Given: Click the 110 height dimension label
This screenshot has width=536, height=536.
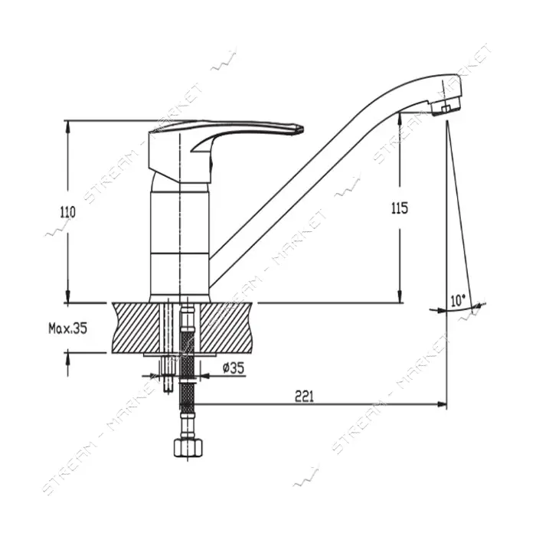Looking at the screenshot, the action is click(x=67, y=212).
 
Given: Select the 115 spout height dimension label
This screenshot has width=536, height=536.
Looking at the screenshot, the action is click(x=400, y=208).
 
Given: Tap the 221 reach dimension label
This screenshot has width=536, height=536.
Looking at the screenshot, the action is click(x=304, y=396).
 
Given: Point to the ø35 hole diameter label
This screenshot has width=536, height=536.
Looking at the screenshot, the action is click(x=234, y=368).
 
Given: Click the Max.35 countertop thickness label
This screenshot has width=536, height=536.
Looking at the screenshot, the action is click(x=67, y=328).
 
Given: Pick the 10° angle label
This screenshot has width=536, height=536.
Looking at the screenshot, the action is click(x=458, y=301).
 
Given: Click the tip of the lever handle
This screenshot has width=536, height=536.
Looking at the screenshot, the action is click(x=302, y=129).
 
